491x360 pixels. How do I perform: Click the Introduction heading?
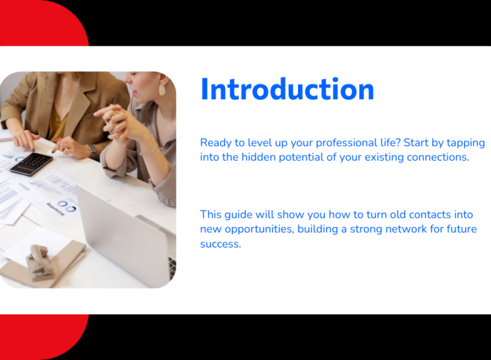point(287,89)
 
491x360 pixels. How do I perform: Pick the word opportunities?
point(260,229)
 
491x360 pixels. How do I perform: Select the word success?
point(220,244)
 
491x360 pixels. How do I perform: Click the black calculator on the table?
point(31,163)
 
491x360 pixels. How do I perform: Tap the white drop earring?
point(162,89)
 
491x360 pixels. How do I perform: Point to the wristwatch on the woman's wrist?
point(92,151)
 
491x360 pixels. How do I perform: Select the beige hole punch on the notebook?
point(39,263)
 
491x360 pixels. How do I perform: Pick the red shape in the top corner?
point(44,23)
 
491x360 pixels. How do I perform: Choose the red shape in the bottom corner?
point(44,337)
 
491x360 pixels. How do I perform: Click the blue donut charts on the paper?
point(67,206)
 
